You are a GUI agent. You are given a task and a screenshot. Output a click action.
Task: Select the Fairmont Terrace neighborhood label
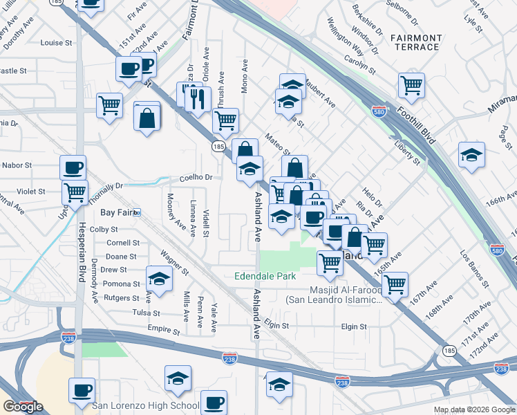(x=415, y=42)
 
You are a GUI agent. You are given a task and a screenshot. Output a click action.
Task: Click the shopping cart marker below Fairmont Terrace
(x=411, y=85)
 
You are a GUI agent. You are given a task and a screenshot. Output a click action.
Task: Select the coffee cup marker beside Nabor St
(x=73, y=167)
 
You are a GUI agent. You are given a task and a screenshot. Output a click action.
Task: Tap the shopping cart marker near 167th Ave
(x=395, y=284)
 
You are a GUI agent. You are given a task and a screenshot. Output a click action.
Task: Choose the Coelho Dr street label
(x=196, y=177)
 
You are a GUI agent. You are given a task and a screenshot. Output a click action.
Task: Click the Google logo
(x=23, y=407)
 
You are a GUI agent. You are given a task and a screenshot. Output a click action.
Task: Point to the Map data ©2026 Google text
(x=473, y=409)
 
